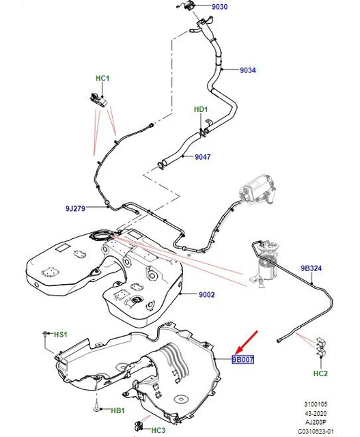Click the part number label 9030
[x=219, y=7]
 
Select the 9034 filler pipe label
[x=247, y=70]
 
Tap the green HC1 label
[x=102, y=79]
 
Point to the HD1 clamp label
[x=201, y=109]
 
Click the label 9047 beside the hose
[x=202, y=157]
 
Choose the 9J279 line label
[x=75, y=208]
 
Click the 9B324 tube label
[x=311, y=268]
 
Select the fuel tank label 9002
[x=206, y=294]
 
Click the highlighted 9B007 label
[x=243, y=360]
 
